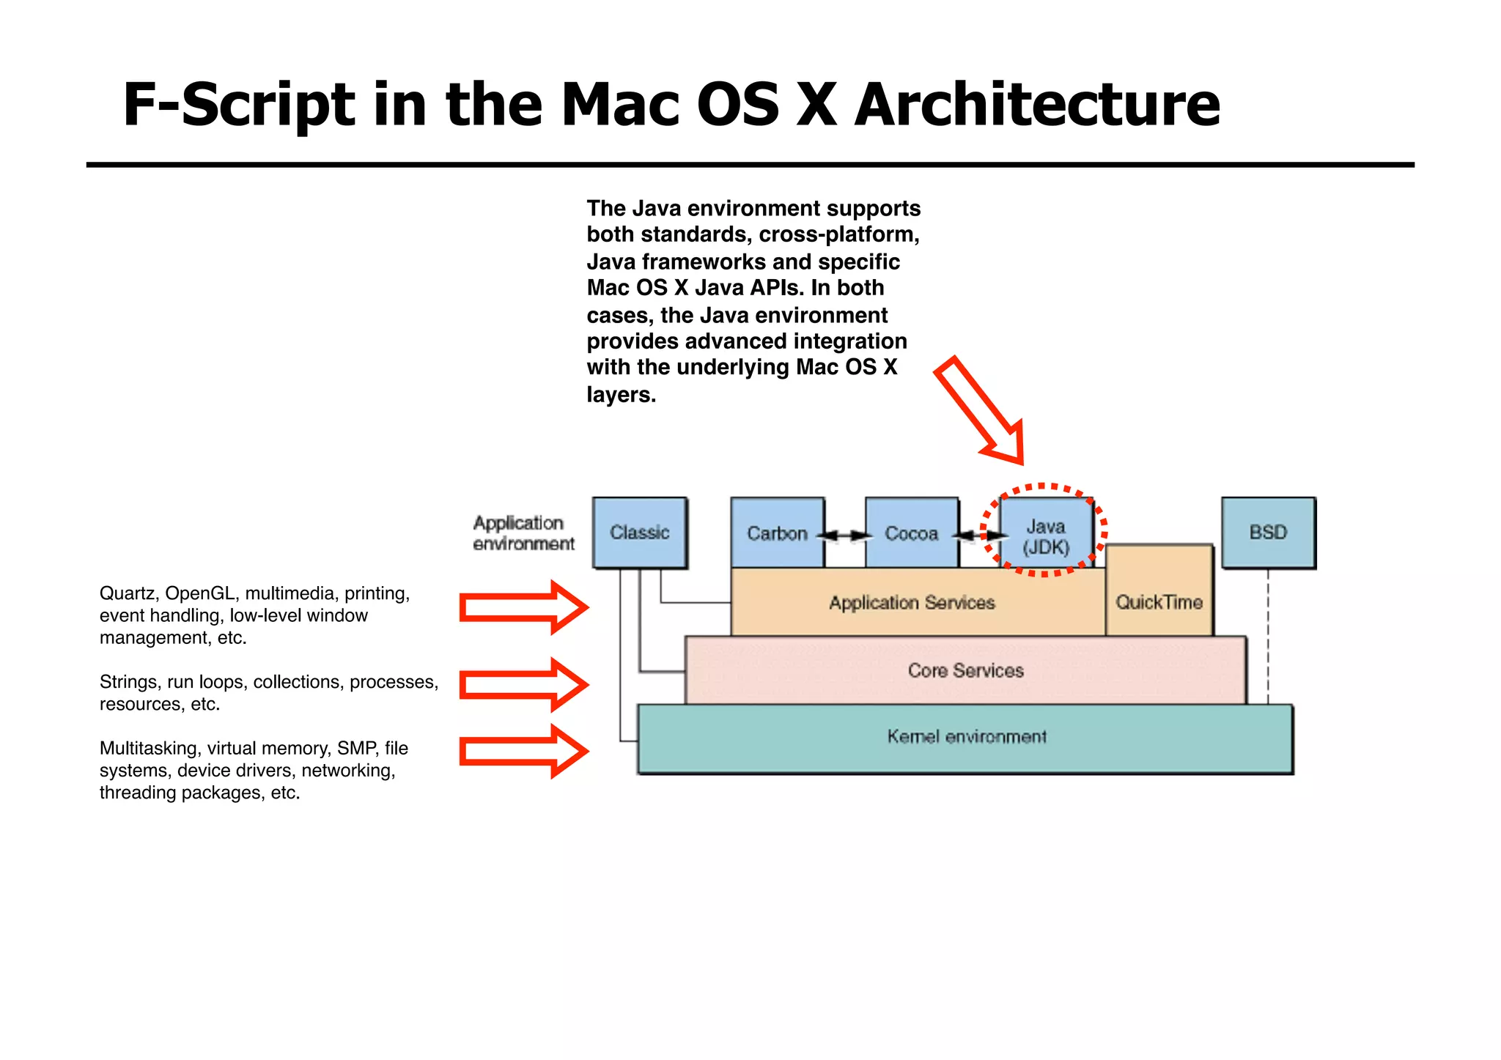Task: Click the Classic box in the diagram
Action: point(639,533)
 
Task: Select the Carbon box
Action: point(777,533)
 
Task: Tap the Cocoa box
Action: point(911,533)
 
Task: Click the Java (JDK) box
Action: point(1046,536)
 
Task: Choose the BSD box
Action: point(1268,533)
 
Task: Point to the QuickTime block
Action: point(1159,602)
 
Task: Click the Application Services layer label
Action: point(912,603)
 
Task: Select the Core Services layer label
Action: point(965,670)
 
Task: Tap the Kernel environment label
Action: point(966,737)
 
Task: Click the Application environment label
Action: point(523,533)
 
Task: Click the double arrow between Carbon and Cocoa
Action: point(844,535)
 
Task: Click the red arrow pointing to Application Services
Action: point(523,608)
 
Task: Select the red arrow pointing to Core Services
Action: point(523,685)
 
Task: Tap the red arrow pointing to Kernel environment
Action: point(523,752)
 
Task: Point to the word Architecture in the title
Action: point(1036,105)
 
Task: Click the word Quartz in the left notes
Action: point(128,593)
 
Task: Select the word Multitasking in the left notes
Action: point(150,748)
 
